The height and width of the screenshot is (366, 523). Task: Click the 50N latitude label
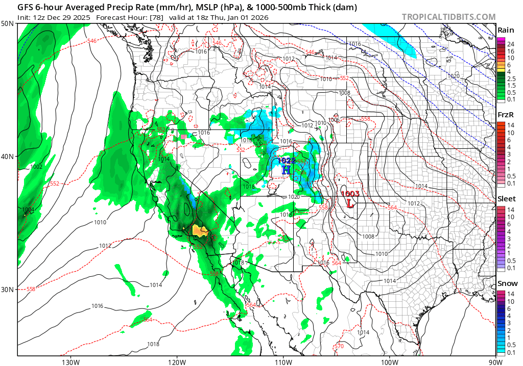(7, 24)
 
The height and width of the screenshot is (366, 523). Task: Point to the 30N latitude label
(7, 289)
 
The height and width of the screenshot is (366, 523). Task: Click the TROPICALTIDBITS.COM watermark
(448, 17)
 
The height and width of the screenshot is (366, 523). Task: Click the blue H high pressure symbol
(286, 170)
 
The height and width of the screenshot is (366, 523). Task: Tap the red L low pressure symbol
(350, 203)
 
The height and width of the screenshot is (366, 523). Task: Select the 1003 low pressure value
(350, 194)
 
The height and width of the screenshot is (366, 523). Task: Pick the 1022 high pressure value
(287, 161)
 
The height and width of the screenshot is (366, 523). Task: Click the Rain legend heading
(506, 30)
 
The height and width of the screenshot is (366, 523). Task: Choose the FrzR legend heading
(506, 115)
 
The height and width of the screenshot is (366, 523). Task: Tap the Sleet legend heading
(507, 199)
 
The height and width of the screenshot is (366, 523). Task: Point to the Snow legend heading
(507, 283)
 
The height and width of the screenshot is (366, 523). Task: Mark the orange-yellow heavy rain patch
(200, 231)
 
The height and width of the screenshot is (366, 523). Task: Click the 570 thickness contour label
(339, 346)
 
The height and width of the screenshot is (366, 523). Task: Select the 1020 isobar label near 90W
(453, 76)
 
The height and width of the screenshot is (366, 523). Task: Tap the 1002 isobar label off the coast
(36, 167)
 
